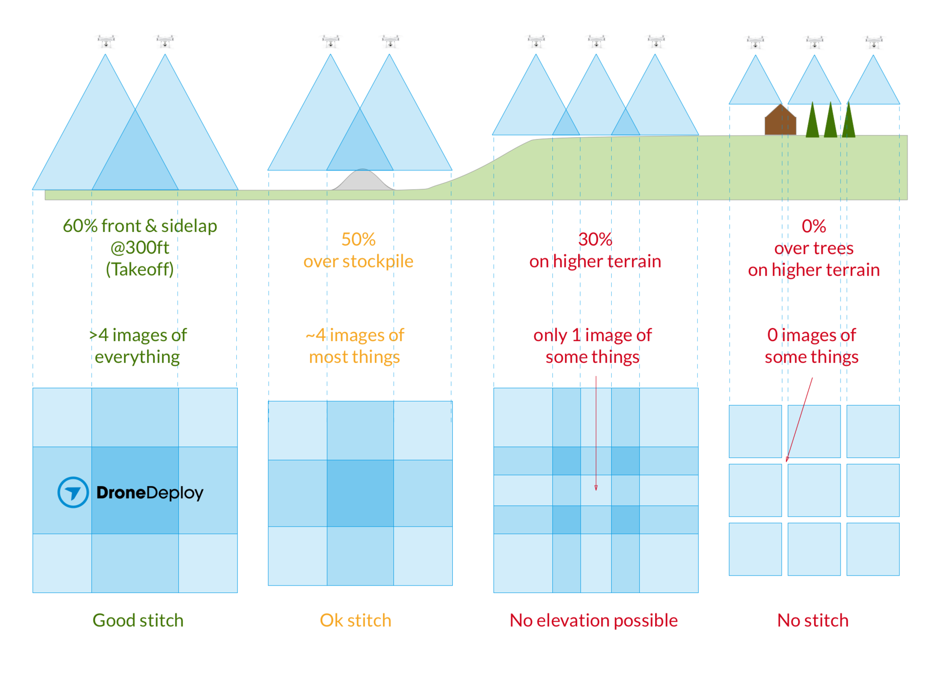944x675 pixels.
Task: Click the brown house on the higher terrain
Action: pos(780,121)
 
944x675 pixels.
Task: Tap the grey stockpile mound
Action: pos(363,181)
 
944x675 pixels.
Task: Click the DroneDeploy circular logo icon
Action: pos(73,492)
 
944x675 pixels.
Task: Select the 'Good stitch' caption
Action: pos(138,620)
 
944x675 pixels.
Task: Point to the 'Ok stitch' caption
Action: pos(355,620)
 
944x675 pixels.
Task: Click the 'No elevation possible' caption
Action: pos(593,620)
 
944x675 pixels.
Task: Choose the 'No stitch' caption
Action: pos(813,620)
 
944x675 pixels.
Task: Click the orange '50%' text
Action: pos(358,239)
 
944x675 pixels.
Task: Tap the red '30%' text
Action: pos(595,239)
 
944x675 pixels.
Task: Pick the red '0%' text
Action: pos(814,226)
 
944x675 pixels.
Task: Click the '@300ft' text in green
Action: pos(140,247)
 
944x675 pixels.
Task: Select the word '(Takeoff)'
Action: pos(140,269)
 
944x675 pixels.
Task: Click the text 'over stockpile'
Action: pos(358,261)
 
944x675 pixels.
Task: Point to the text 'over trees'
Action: pos(814,248)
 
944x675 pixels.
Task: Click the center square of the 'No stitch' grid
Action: pos(814,490)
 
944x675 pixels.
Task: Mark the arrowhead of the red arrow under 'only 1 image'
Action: pos(596,487)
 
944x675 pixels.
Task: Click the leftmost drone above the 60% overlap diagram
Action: pos(106,41)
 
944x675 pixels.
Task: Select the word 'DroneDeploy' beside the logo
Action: pos(150,493)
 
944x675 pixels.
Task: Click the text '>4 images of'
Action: pos(138,335)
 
